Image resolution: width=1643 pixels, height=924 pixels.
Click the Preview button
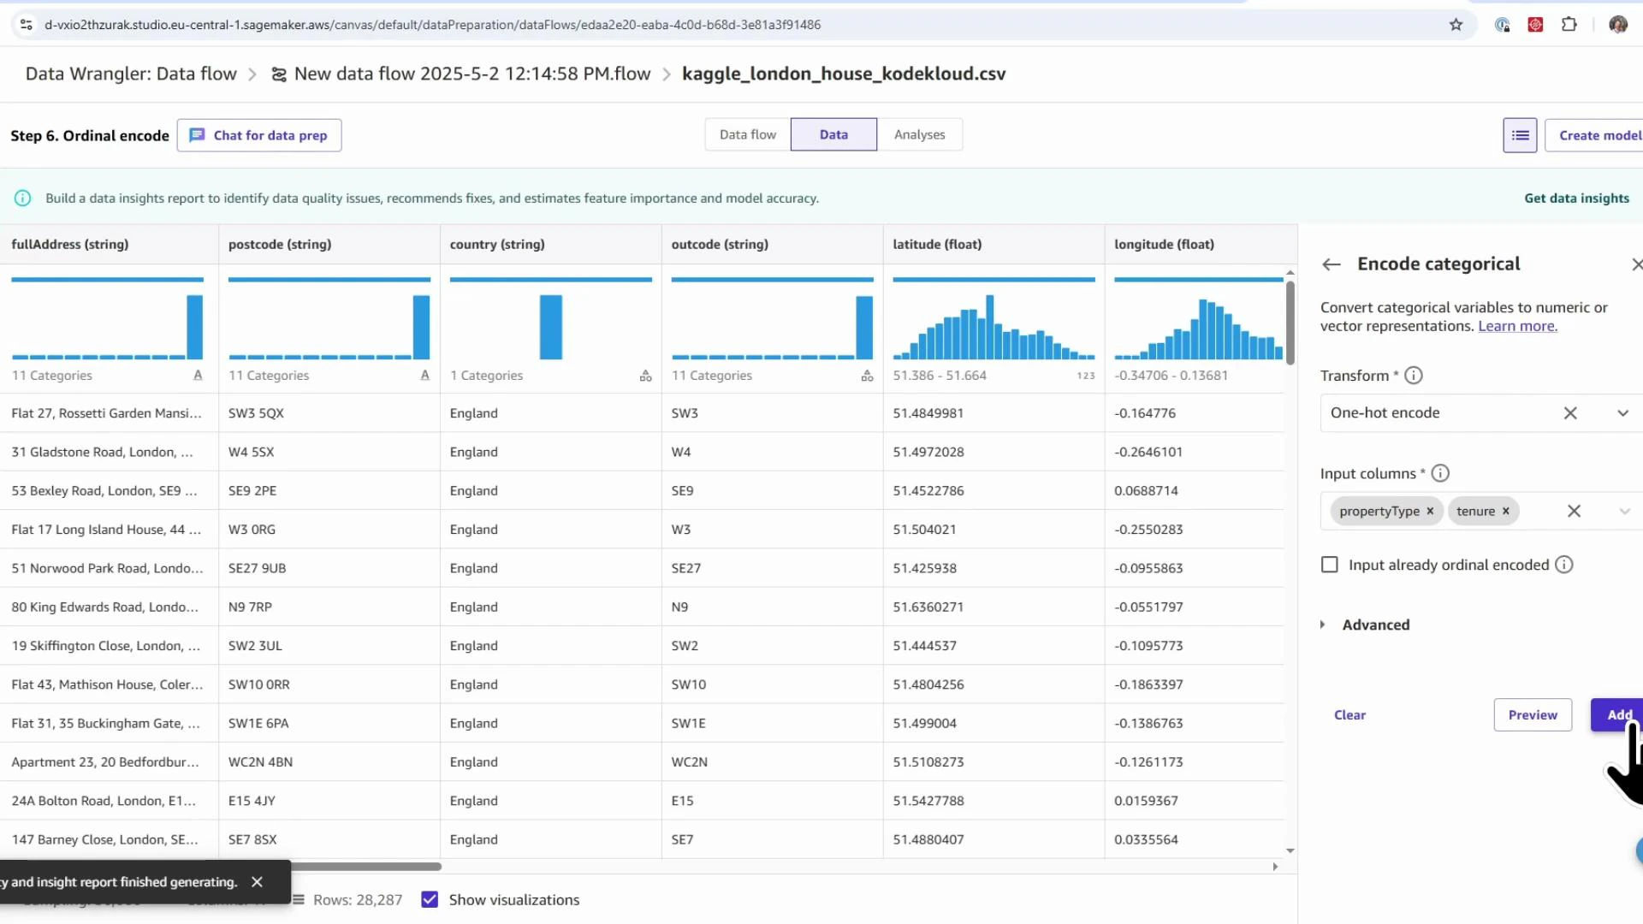click(1532, 714)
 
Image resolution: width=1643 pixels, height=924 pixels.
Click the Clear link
click(1349, 714)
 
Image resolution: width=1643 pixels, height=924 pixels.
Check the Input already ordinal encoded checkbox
click(1329, 565)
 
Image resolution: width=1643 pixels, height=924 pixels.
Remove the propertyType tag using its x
click(1429, 511)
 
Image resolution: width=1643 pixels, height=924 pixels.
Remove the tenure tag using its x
click(1505, 511)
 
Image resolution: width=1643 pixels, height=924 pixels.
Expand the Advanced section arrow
click(1322, 625)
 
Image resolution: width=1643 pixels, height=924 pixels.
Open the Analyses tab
click(919, 134)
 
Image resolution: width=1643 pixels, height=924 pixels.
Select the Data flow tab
click(747, 134)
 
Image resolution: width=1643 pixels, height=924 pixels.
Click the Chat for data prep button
click(259, 135)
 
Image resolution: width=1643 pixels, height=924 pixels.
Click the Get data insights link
click(1576, 198)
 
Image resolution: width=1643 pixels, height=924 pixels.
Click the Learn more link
click(1517, 326)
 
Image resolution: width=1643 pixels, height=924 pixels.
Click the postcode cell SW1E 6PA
click(258, 723)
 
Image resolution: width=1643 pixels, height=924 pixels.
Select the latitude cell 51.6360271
click(928, 607)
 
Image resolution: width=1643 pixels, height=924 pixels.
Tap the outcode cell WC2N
click(689, 761)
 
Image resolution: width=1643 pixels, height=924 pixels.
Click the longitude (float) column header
click(1164, 244)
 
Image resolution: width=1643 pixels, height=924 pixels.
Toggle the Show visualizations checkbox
click(430, 899)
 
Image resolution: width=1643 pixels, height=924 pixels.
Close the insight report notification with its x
click(257, 881)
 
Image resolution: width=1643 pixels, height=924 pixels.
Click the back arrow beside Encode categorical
click(1331, 264)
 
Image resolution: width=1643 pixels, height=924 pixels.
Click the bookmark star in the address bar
click(1456, 24)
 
